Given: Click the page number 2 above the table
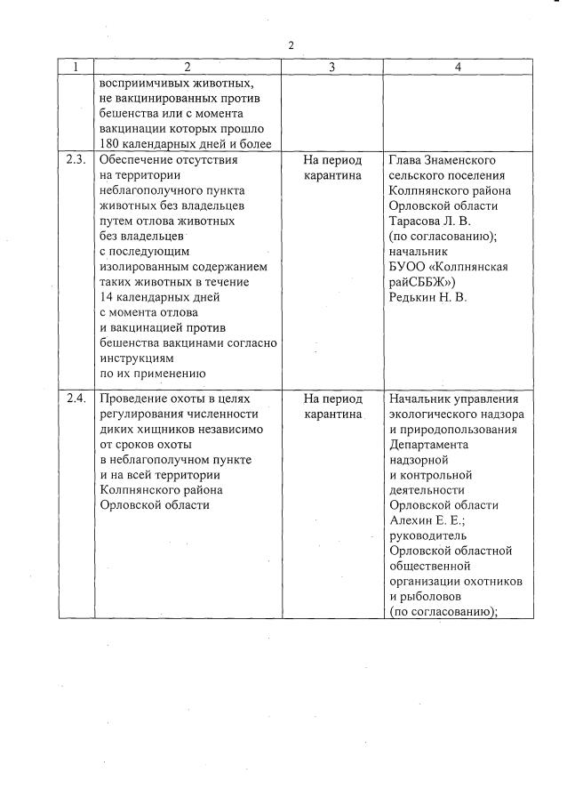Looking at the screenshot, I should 291,44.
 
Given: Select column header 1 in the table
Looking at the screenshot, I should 76,67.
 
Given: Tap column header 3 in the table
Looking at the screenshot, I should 332,67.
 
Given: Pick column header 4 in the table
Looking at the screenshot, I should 457,67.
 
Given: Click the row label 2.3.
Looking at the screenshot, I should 76,160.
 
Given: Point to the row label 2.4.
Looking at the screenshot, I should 76,398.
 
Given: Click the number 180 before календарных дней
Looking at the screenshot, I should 112,145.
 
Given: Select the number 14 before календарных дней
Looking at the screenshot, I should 108,297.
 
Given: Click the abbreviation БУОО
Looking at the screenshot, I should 409,267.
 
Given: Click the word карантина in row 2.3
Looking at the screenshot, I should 332,176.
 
